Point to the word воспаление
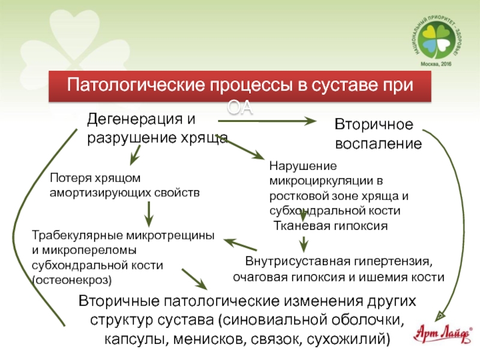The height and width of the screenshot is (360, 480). [377, 145]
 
